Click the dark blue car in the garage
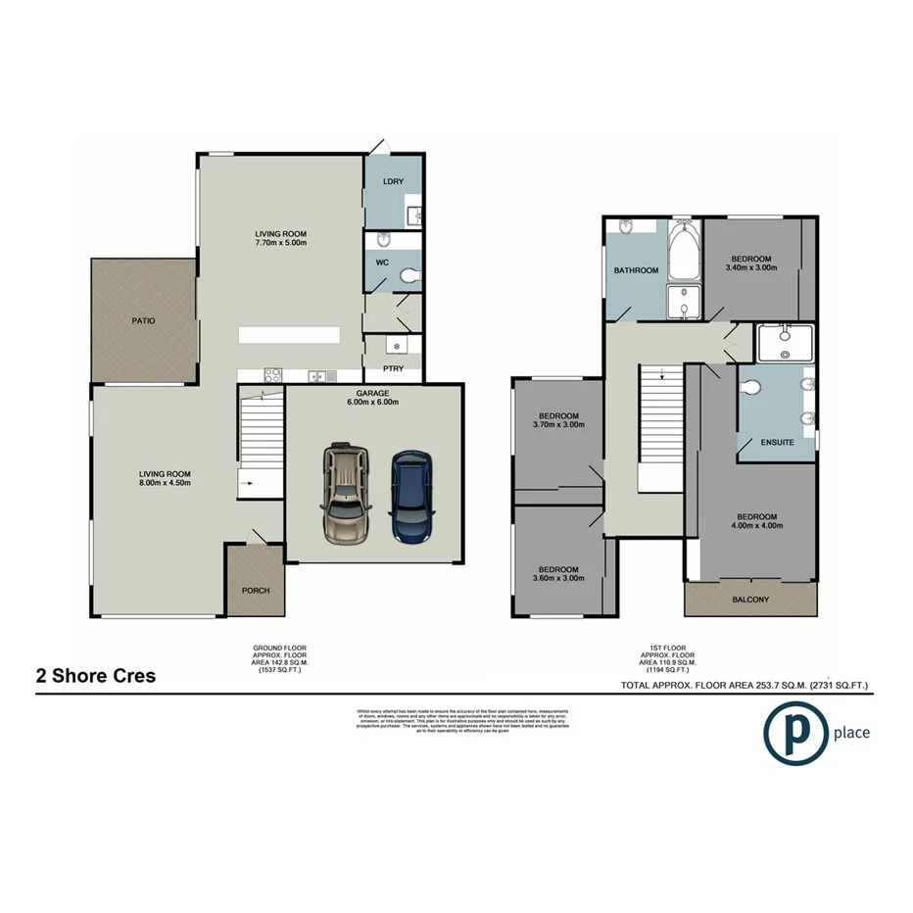point(410,496)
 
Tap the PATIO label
point(145,320)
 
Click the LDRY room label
point(394,182)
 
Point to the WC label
point(384,263)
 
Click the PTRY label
point(392,368)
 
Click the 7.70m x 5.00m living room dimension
point(281,241)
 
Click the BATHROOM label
point(635,270)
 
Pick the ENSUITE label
point(778,443)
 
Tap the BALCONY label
point(750,600)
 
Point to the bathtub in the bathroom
point(683,251)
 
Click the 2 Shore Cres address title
point(97,676)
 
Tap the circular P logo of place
point(795,733)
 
